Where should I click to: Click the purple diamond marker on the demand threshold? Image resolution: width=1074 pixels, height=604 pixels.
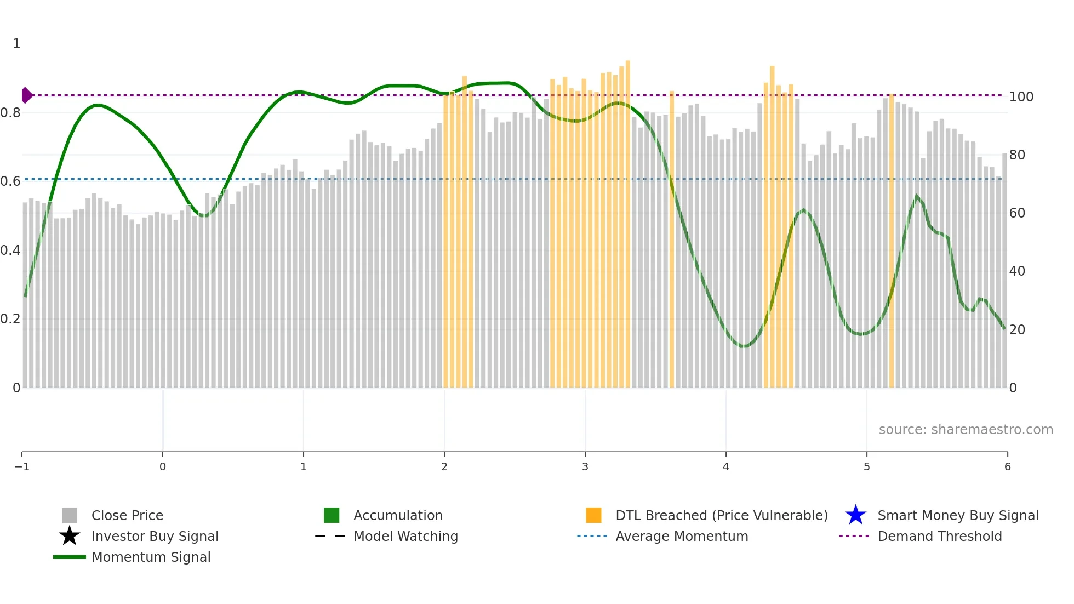pos(26,95)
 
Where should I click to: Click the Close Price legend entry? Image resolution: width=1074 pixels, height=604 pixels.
pos(127,515)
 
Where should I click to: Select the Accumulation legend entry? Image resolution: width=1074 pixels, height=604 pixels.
pos(397,515)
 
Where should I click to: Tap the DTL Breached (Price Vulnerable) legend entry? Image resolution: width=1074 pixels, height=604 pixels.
pos(721,515)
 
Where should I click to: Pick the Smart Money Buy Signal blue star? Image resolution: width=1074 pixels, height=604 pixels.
pos(855,515)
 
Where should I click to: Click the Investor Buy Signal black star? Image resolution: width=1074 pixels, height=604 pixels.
pos(70,536)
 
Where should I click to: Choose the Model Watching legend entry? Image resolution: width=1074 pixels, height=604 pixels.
pos(405,536)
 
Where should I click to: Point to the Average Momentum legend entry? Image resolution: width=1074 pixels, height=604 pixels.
pos(681,536)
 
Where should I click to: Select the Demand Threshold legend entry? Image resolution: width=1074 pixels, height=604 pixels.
pos(939,536)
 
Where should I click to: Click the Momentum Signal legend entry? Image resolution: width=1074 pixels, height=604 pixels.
pos(151,557)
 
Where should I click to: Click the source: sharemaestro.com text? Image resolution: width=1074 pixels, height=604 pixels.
pos(966,429)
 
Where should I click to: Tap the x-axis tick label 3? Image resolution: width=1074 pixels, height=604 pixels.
pos(585,467)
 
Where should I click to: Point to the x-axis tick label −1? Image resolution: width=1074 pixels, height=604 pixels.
pos(22,467)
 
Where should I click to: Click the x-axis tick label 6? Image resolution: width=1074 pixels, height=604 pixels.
pos(1007,467)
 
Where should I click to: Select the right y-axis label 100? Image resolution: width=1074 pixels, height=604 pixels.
pos(1021,97)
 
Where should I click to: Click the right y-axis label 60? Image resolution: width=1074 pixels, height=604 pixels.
pos(1017,213)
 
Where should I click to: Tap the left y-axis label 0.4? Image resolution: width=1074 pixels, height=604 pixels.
pos(10,250)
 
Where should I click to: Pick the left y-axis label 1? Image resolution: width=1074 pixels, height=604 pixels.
pos(16,44)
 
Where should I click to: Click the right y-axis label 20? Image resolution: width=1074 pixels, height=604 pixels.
pos(1017,330)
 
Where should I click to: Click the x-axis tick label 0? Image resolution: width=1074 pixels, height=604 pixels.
pos(163,467)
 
